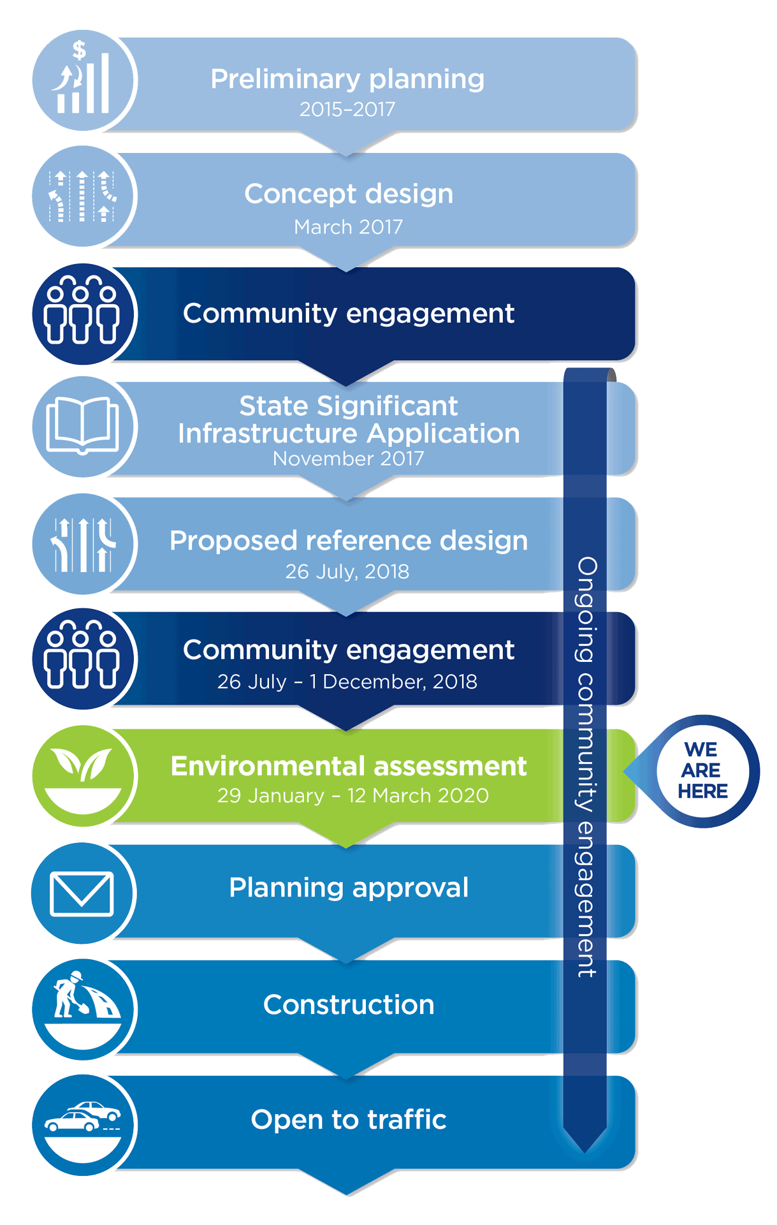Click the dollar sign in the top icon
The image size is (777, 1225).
point(79,50)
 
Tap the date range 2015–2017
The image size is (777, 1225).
point(347,110)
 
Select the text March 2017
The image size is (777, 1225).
point(348,227)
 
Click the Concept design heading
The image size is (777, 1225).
point(349,194)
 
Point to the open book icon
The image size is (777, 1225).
point(83,425)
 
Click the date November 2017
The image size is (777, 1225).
point(348,458)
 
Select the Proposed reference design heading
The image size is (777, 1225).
point(349,541)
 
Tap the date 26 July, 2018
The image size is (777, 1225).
point(347,571)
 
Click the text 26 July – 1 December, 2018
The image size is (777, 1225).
point(347,682)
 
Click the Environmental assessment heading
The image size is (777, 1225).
point(349,766)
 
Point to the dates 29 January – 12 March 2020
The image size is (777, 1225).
point(353,796)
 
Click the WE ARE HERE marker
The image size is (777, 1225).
point(702,770)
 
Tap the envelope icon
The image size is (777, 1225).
point(82,893)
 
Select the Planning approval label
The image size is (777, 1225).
point(349,888)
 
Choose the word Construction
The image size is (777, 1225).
point(349,1005)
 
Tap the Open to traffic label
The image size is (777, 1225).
point(349,1120)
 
